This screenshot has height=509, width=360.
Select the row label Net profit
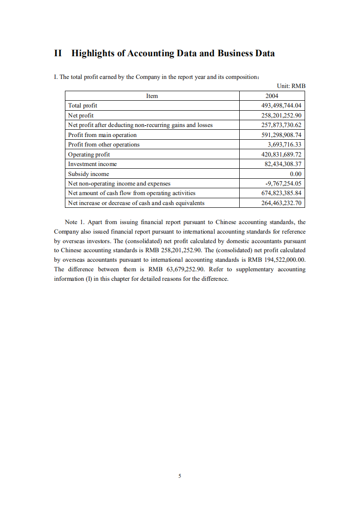(x=81, y=115)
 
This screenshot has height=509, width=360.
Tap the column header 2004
(x=271, y=96)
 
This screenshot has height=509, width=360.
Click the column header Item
(x=152, y=96)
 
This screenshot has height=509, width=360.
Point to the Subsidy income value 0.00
(x=296, y=174)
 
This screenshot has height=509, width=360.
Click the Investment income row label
(x=92, y=164)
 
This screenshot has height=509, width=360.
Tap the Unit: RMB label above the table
(x=291, y=86)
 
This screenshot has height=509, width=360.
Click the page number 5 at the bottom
(x=180, y=476)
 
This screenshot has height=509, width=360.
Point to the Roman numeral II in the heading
(x=58, y=54)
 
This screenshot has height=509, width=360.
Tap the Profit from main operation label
(x=102, y=135)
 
